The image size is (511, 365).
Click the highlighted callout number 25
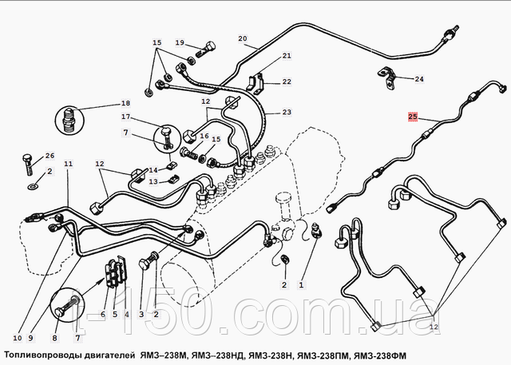413,117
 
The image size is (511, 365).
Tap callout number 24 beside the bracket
419,79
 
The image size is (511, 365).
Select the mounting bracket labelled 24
386,77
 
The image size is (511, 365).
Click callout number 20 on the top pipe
243,38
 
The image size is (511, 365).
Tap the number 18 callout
125,103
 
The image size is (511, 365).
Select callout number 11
69,164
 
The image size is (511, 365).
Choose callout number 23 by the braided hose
287,112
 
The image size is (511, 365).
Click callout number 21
287,56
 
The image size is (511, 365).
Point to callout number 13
153,181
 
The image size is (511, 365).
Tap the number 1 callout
301,285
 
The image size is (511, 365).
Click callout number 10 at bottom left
18,338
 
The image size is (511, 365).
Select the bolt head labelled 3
145,264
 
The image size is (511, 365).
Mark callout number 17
126,117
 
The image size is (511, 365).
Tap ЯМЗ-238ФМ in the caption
380,355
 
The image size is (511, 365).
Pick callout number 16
204,136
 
